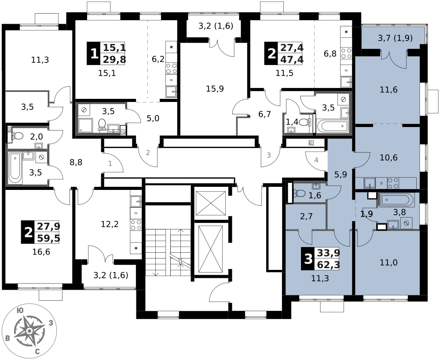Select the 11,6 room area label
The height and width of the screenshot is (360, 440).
tap(389, 90)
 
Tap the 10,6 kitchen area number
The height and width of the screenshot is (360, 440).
tap(389, 158)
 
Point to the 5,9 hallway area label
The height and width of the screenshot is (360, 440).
tap(341, 175)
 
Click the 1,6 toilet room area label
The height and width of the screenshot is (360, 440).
tap(315, 196)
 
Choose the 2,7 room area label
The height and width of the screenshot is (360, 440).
tap(306, 216)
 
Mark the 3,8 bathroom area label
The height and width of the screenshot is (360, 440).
tap(400, 212)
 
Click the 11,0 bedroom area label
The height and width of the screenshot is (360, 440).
tap(389, 263)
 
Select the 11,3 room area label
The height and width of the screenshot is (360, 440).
tap(320, 278)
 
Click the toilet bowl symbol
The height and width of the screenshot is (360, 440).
tap(300, 193)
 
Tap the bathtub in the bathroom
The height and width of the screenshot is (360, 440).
tap(396, 200)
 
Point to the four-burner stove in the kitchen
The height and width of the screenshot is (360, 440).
tap(393, 183)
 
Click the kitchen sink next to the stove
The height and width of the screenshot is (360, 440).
tap(370, 183)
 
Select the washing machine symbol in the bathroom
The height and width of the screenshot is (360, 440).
tap(407, 223)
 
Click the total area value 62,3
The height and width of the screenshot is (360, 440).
tap(328, 265)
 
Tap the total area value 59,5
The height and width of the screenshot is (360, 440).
tap(48, 238)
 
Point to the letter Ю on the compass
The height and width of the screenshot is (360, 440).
tap(20, 311)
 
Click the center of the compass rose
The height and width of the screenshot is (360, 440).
tap(29, 331)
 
